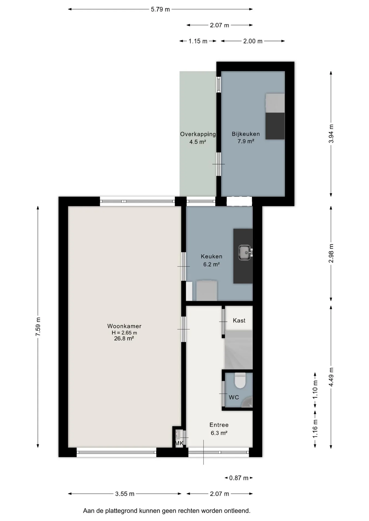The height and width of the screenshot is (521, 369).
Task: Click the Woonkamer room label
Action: (124, 326)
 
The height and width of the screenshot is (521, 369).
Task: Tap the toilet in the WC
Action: (240, 380)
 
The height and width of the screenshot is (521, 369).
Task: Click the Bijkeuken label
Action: (246, 134)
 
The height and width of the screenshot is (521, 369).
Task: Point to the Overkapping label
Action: (198, 134)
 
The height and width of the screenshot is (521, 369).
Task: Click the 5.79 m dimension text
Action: (160, 9)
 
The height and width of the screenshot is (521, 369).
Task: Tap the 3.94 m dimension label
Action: (331, 134)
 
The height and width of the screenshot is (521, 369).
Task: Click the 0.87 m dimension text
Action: (239, 478)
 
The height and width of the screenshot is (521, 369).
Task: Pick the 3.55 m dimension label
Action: (125, 494)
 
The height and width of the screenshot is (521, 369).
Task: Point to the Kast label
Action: (239, 320)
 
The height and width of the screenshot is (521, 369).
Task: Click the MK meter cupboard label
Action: (179, 443)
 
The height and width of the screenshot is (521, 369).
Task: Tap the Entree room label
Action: (219, 425)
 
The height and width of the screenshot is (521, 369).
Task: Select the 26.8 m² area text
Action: (124, 338)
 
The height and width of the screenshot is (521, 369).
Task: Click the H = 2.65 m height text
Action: (124, 333)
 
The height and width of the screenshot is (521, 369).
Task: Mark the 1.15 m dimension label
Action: (198, 41)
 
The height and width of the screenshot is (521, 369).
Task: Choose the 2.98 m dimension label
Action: (331, 253)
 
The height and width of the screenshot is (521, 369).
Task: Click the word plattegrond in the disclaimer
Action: (122, 511)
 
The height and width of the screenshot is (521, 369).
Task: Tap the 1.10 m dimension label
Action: (315, 389)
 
